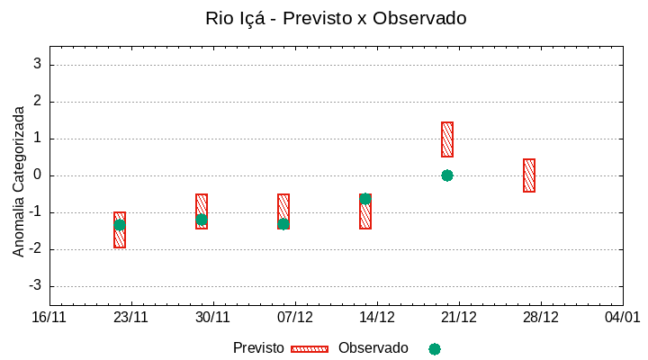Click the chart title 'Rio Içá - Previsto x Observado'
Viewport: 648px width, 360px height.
coord(336,18)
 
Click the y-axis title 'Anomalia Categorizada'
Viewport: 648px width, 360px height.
coord(18,182)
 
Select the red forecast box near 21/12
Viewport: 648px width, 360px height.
coord(447,139)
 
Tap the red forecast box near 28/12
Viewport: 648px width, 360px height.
coord(529,175)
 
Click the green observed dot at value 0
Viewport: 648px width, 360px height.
coord(447,175)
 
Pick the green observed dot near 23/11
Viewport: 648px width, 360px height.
coord(120,225)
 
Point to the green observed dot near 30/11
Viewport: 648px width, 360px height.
coord(202,220)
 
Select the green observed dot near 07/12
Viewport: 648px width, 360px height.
coord(283,224)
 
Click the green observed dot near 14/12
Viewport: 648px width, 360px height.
coord(365,199)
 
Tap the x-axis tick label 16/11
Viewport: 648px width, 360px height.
coord(49,318)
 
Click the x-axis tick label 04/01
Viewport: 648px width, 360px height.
coord(622,318)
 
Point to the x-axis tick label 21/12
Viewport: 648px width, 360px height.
coord(459,318)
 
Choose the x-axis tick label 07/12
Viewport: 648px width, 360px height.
coord(295,318)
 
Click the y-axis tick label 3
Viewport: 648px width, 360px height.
coord(38,65)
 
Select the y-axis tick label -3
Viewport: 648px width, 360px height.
coord(36,286)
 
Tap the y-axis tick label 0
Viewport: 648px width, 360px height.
coord(38,175)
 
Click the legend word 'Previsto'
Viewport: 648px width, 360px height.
coord(258,348)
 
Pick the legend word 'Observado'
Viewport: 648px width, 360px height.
coord(373,348)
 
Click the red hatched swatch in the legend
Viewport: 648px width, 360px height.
coord(310,349)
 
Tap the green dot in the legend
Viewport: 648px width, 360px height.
coord(435,349)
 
